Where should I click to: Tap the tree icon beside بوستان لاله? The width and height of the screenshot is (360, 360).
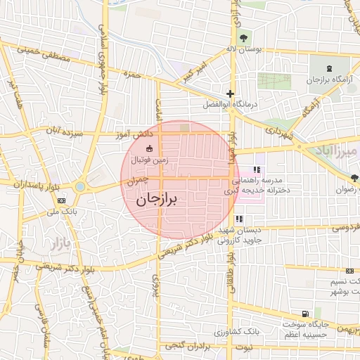(243, 37)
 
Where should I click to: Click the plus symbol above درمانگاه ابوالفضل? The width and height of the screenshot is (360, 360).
(229, 94)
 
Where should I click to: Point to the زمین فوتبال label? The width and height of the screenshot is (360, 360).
(150, 160)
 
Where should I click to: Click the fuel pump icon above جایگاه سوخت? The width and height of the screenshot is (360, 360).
(304, 314)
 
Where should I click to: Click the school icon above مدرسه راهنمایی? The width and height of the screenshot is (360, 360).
(257, 169)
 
